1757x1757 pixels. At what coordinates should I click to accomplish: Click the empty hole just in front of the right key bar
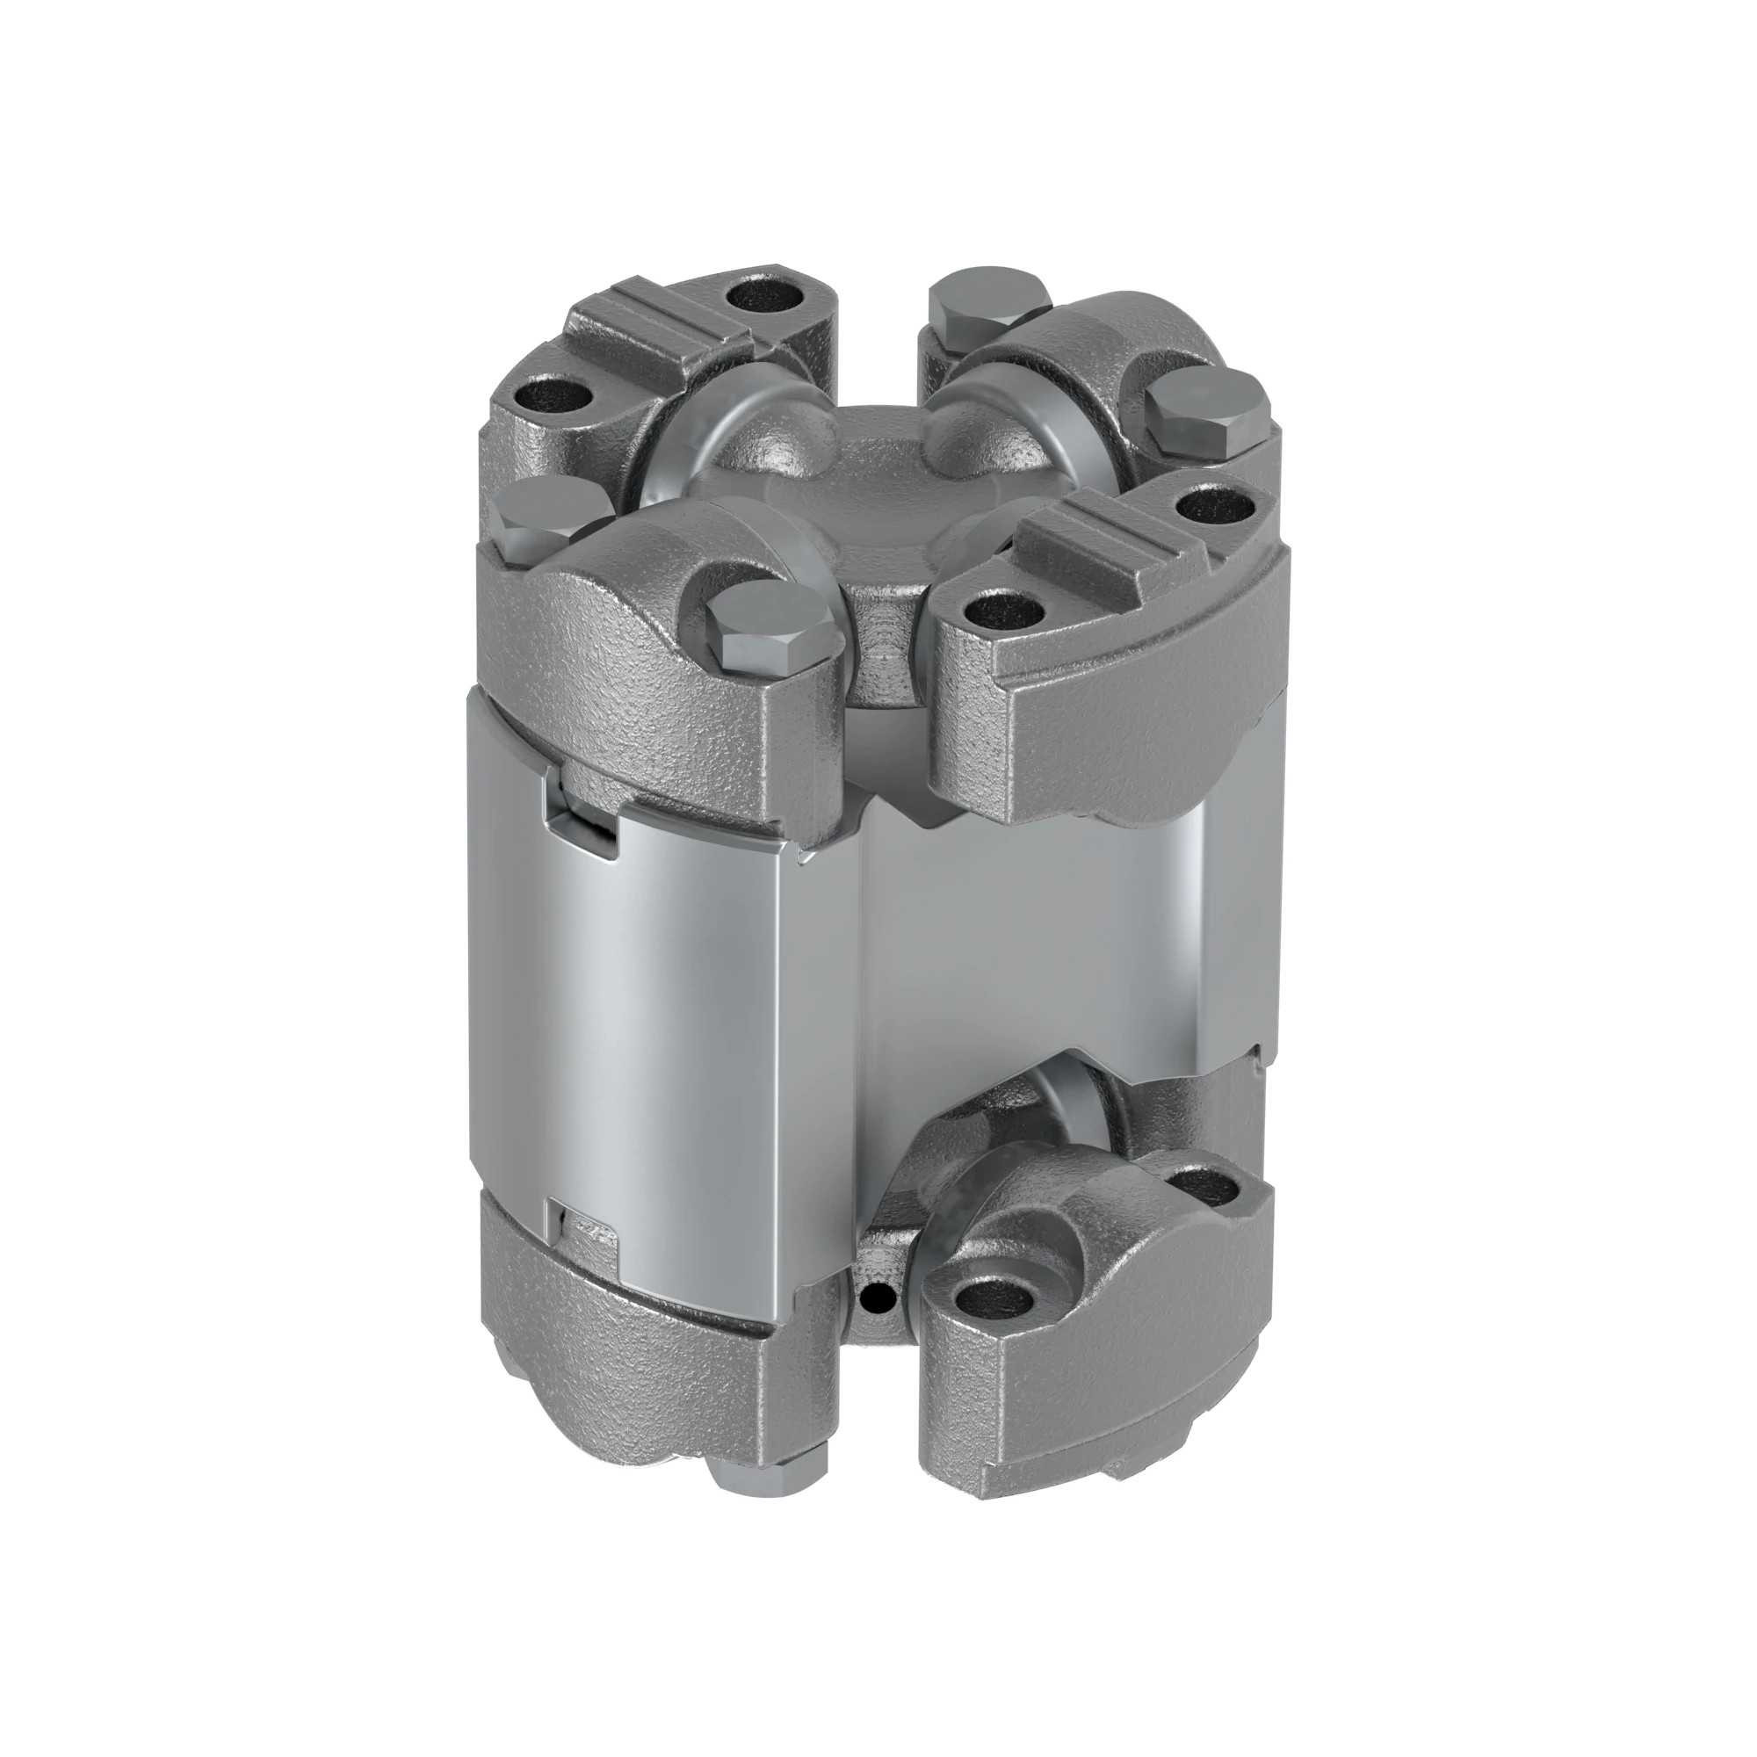tap(999, 604)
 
